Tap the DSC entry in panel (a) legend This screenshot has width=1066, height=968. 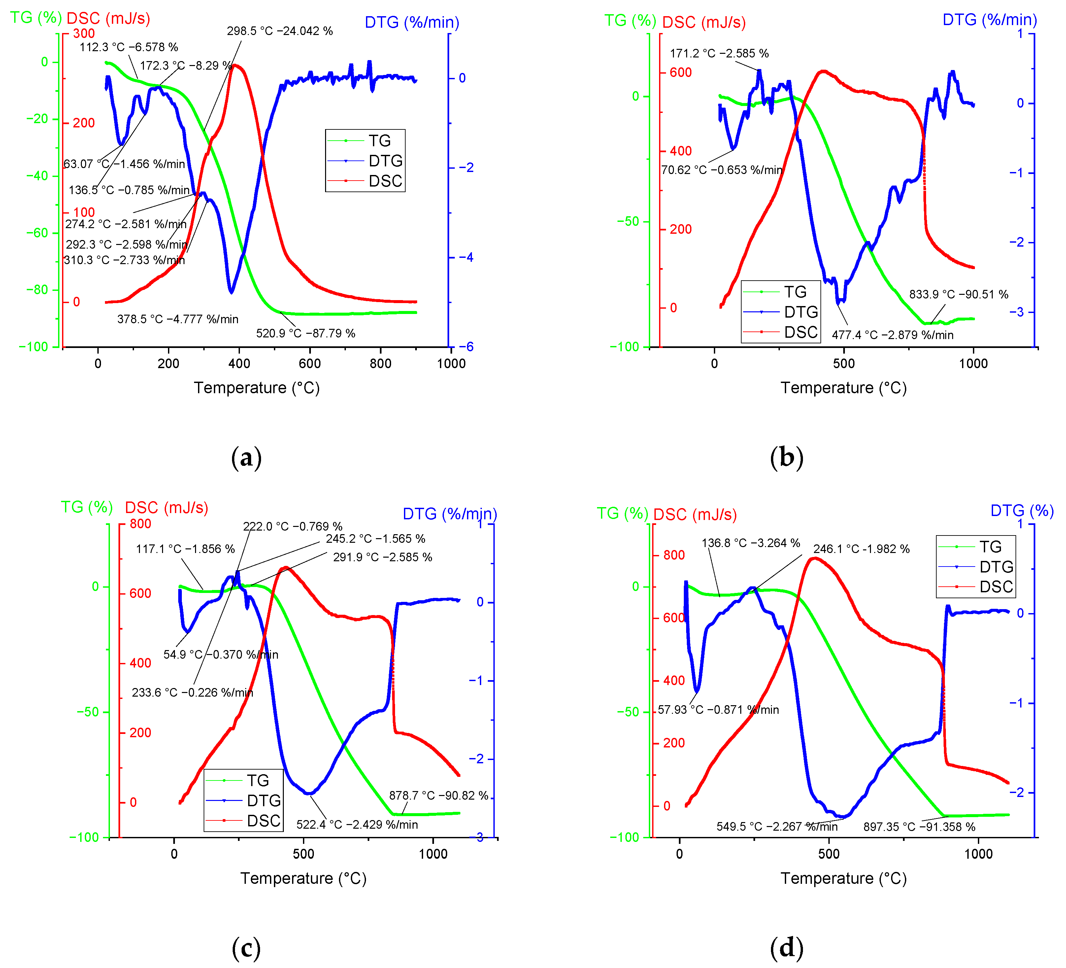point(385,181)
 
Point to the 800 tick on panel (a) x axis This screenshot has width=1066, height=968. point(380,364)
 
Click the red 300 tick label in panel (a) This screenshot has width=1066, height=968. point(83,33)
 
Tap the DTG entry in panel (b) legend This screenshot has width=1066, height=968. point(801,312)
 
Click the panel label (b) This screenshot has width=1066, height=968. point(786,457)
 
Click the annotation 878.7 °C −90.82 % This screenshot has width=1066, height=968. point(438,796)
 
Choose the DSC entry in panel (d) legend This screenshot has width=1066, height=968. point(996,587)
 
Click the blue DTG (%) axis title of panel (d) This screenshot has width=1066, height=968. point(1021,511)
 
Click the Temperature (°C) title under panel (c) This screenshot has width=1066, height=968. point(304,879)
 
